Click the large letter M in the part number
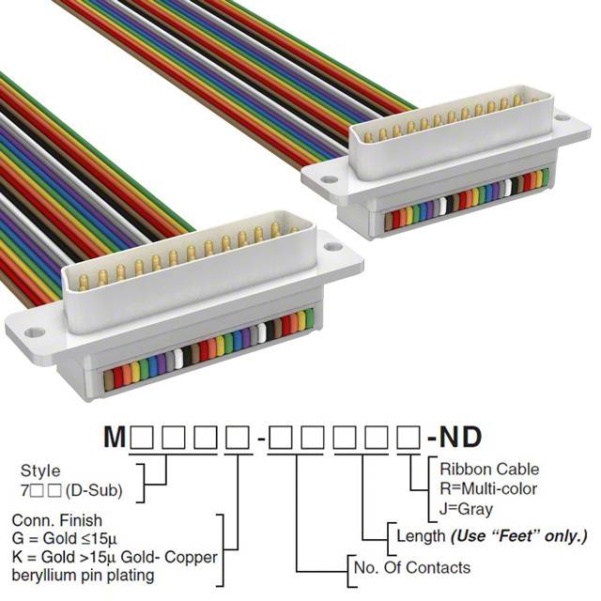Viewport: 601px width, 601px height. point(115,437)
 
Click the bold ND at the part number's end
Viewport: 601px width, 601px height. point(460,437)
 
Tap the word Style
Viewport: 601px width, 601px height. point(40,471)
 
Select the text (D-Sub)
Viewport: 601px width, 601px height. point(94,490)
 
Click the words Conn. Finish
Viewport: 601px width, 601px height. point(57,520)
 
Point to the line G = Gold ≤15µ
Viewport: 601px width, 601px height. point(64,538)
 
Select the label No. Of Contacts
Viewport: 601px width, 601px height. point(412,567)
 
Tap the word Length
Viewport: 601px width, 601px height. point(421,536)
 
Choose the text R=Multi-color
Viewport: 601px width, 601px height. point(488,488)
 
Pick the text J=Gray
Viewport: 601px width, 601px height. point(466,510)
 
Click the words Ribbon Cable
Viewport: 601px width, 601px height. point(489,470)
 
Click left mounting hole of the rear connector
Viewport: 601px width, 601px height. point(329,179)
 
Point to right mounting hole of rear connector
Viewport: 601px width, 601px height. point(563,117)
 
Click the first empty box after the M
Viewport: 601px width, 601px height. point(143,438)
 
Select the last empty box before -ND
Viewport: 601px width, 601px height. point(408,438)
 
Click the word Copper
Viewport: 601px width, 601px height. point(191,557)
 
